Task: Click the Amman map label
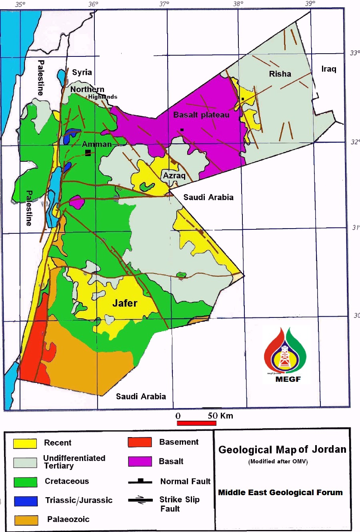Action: (x=97, y=144)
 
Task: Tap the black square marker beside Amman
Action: (x=88, y=153)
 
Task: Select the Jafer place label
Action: (x=125, y=303)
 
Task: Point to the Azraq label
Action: (x=174, y=176)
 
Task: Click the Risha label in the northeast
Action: (x=280, y=74)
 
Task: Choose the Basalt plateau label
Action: (x=201, y=115)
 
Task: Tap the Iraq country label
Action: (x=329, y=69)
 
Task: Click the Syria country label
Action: (x=82, y=72)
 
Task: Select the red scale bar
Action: (x=196, y=423)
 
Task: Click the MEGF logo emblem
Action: (x=285, y=352)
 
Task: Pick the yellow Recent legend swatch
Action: (x=25, y=443)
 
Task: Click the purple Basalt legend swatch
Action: (x=140, y=462)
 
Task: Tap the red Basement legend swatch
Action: (x=140, y=442)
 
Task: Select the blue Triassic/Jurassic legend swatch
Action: (x=26, y=501)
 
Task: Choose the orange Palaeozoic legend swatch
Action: (x=26, y=520)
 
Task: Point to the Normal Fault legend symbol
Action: (x=140, y=482)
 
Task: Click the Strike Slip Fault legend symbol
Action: (x=140, y=500)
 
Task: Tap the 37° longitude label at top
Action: (x=164, y=4)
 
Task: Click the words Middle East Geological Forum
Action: (x=280, y=492)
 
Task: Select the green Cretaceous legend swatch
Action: (x=25, y=482)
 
